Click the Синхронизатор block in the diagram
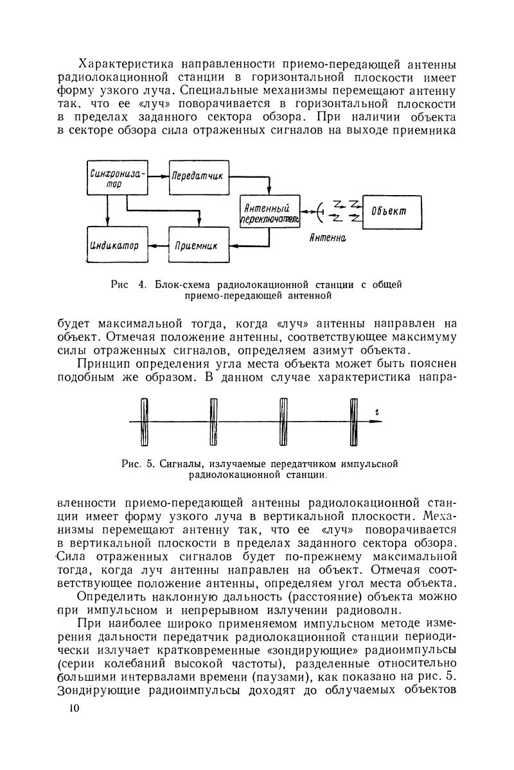(x=117, y=177)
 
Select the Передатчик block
(x=199, y=176)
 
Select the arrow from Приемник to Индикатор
(x=158, y=244)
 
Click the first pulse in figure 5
(x=145, y=421)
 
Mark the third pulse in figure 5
(x=283, y=421)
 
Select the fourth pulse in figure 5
(x=353, y=421)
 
